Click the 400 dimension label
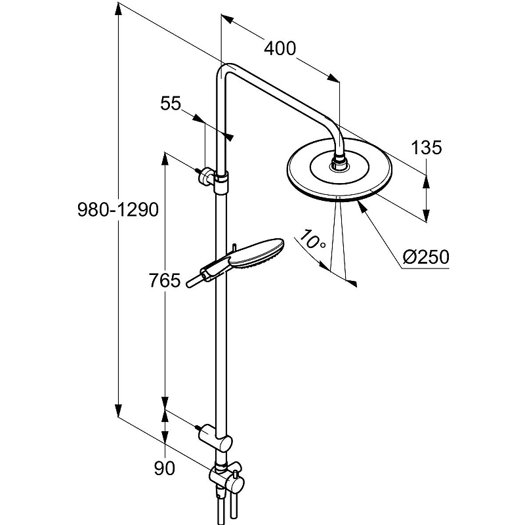click(280, 49)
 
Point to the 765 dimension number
click(165, 281)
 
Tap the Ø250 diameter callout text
click(427, 257)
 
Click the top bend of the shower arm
click(226, 68)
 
